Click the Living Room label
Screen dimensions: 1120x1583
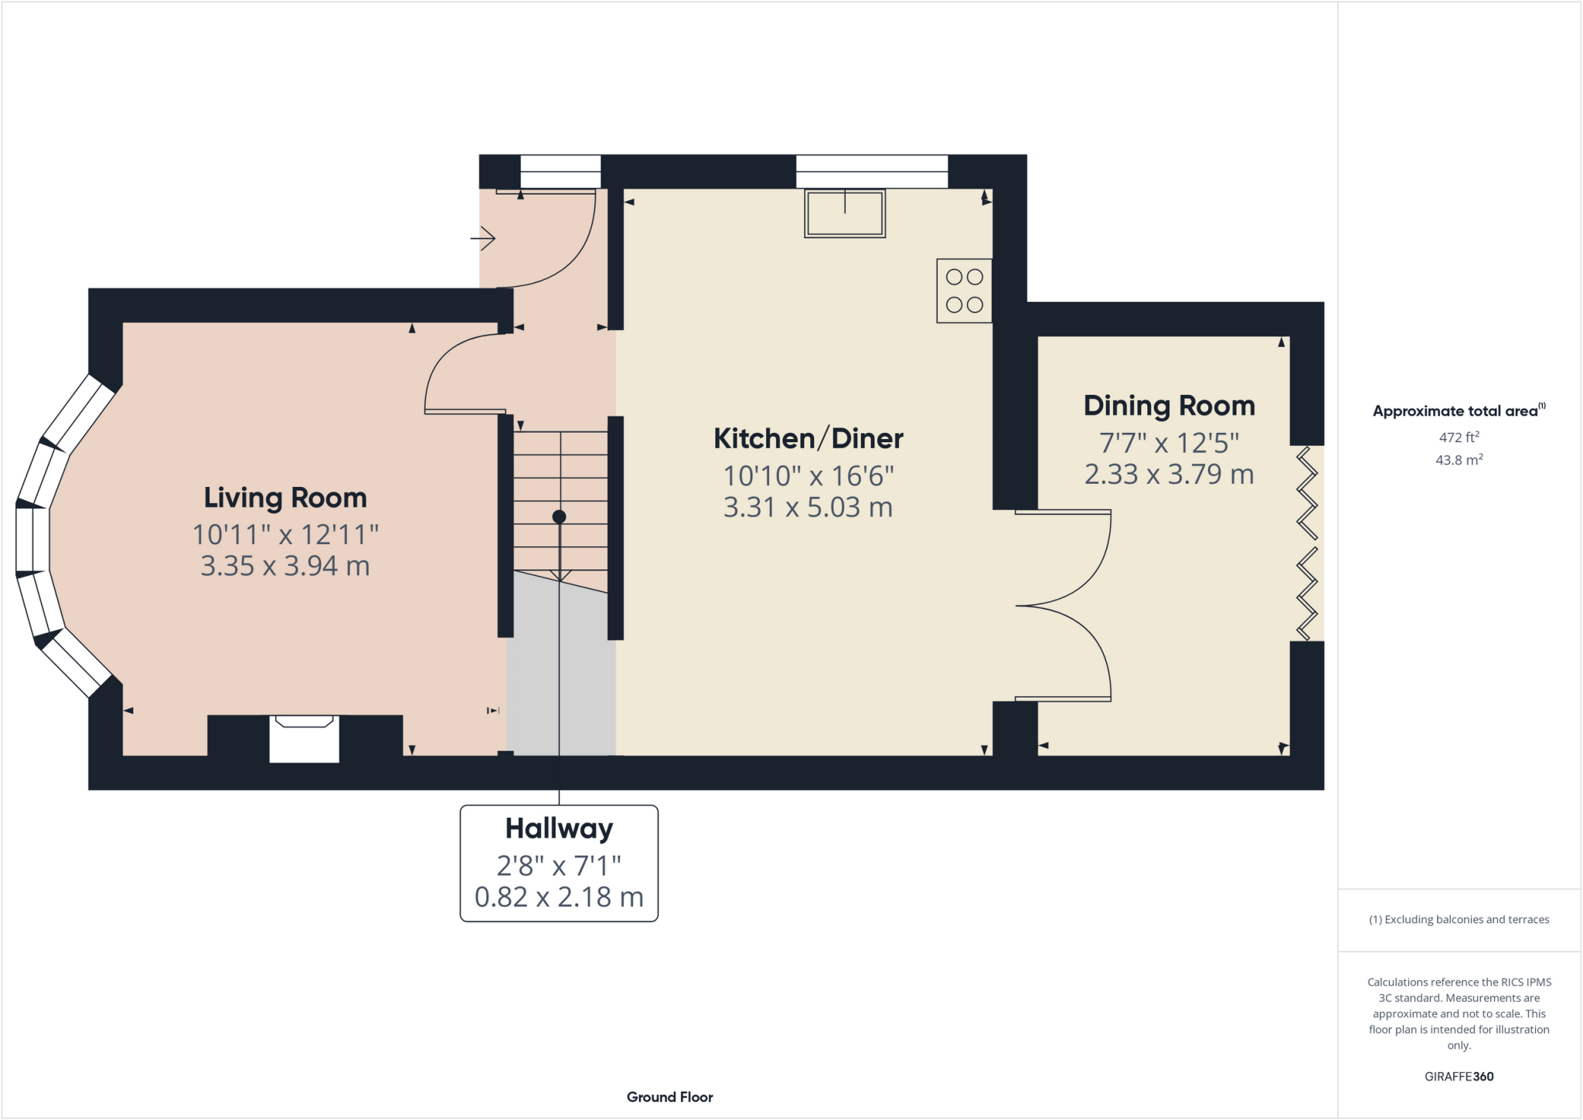tap(285, 498)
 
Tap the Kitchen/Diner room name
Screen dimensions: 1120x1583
tap(808, 438)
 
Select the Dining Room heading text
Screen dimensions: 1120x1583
tap(1169, 406)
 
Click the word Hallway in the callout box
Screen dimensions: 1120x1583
tap(559, 829)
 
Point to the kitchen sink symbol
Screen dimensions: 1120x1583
tap(844, 213)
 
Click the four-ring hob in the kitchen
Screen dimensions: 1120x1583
tap(964, 291)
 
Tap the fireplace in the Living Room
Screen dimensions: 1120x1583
tap(305, 739)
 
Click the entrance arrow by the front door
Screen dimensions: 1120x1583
tap(483, 238)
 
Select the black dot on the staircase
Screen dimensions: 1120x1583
tap(559, 516)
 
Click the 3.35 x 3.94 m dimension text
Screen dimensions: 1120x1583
tap(285, 566)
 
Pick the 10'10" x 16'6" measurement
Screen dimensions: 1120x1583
tap(808, 475)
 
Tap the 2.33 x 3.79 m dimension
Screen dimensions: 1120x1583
tap(1169, 474)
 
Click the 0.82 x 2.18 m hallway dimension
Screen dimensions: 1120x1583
tap(559, 897)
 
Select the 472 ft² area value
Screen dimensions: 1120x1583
tap(1459, 437)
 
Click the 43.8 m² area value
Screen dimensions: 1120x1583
tap(1459, 460)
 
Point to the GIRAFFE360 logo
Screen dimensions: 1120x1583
tap(1459, 1076)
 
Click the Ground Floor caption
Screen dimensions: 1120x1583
tap(669, 1097)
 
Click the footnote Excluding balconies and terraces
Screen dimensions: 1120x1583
tap(1459, 919)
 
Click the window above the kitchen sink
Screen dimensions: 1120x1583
tap(872, 172)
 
